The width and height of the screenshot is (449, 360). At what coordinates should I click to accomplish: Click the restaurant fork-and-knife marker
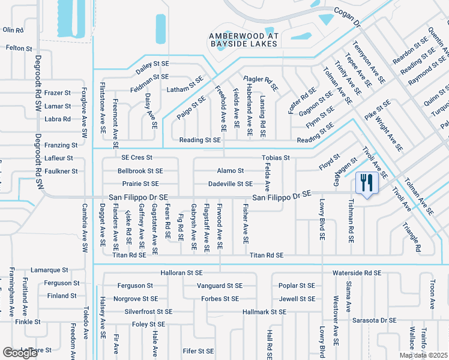click(x=365, y=182)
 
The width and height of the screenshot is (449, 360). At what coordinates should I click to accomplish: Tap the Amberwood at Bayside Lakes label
click(x=243, y=40)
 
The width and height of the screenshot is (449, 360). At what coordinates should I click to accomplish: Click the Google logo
click(x=20, y=353)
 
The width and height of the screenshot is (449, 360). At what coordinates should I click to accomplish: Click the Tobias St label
click(x=276, y=158)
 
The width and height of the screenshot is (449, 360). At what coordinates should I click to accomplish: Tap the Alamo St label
click(x=230, y=171)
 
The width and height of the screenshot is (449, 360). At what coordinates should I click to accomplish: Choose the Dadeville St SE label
click(x=230, y=184)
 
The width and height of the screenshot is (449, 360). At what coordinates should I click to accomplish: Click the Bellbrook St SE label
click(x=140, y=171)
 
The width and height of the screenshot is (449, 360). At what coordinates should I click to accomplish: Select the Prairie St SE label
click(x=140, y=184)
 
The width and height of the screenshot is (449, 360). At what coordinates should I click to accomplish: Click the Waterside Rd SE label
click(x=357, y=272)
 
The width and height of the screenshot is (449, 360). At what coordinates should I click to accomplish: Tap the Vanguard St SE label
click(x=220, y=286)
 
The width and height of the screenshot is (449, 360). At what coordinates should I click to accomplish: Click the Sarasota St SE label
click(x=374, y=320)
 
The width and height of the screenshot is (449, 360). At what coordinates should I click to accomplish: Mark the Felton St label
click(x=19, y=48)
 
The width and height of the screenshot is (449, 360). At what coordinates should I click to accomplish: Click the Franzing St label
click(x=61, y=145)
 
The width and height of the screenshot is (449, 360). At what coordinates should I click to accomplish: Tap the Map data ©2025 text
click(x=424, y=355)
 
